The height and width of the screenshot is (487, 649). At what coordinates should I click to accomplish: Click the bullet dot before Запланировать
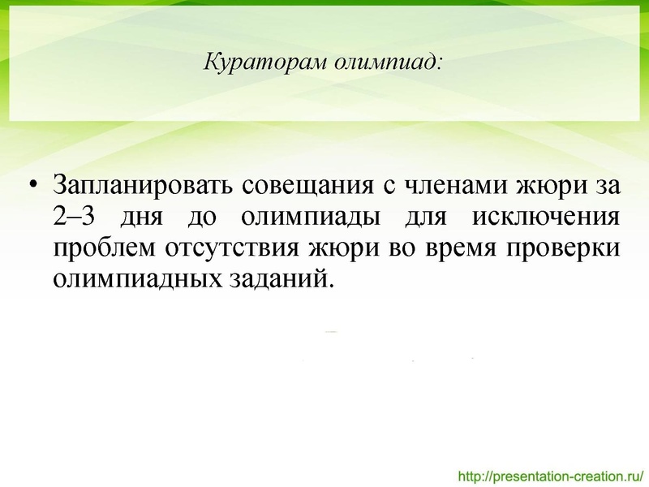(x=32, y=186)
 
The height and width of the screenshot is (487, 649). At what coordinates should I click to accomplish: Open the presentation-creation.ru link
(x=551, y=474)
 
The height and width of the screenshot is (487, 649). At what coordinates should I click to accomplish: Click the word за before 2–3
(x=608, y=186)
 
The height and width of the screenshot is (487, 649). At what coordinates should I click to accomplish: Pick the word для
(x=415, y=217)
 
